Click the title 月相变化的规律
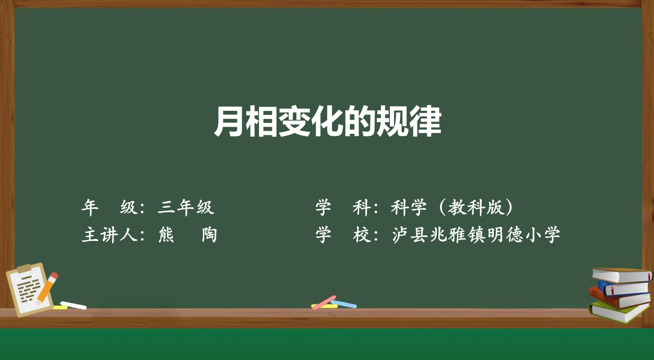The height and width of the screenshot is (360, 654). tap(328, 122)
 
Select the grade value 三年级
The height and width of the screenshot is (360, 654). tap(186, 207)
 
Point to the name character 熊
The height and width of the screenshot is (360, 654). tap(166, 234)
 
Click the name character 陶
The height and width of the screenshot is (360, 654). tap(209, 234)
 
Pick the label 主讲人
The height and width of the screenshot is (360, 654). tap(109, 234)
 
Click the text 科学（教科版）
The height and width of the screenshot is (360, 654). tap(452, 207)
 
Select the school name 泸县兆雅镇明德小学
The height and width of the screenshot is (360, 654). tap(476, 234)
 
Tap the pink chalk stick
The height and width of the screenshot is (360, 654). tap(324, 302)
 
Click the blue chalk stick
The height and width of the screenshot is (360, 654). tap(344, 304)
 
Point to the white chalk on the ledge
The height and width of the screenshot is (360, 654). tap(73, 305)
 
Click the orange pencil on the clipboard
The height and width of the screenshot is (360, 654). tap(47, 288)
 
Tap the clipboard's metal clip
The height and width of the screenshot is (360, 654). tap(24, 268)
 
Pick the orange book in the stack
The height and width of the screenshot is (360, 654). tap(619, 298)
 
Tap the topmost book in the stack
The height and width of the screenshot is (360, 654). tap(622, 275)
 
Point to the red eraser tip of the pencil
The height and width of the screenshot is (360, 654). tap(54, 275)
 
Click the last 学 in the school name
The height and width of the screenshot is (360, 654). tap(552, 234)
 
